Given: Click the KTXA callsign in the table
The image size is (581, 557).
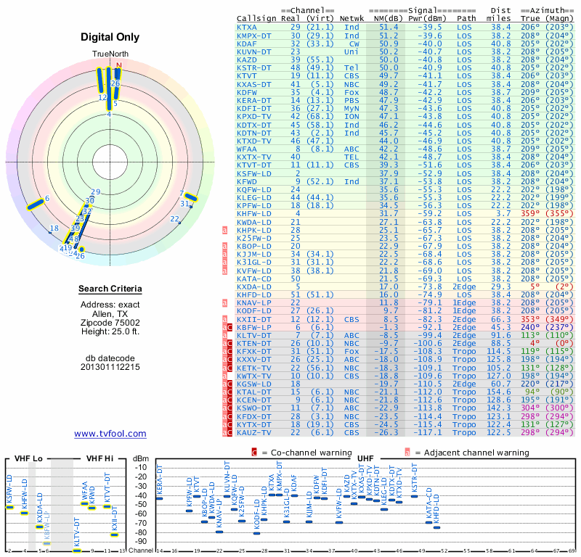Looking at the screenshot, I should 247,27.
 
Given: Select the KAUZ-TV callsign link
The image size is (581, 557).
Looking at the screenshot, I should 253,432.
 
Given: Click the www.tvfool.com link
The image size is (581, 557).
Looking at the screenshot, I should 110,434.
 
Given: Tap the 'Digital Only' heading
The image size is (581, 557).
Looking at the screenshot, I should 110,37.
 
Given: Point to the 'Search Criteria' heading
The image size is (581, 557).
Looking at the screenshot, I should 110,289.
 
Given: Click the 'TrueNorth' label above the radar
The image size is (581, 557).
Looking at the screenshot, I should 109,54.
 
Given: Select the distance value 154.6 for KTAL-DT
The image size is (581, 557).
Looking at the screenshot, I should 499,392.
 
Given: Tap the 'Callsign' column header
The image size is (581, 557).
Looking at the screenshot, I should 256,18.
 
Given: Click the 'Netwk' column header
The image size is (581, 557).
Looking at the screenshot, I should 352,18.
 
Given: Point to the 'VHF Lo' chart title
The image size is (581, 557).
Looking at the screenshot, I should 27,459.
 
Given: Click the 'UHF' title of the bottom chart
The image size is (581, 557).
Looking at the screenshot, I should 366,459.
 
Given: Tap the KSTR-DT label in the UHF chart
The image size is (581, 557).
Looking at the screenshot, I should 415,479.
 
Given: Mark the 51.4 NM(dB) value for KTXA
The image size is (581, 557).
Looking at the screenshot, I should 389,27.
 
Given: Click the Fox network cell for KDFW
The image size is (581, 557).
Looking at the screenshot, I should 352,92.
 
